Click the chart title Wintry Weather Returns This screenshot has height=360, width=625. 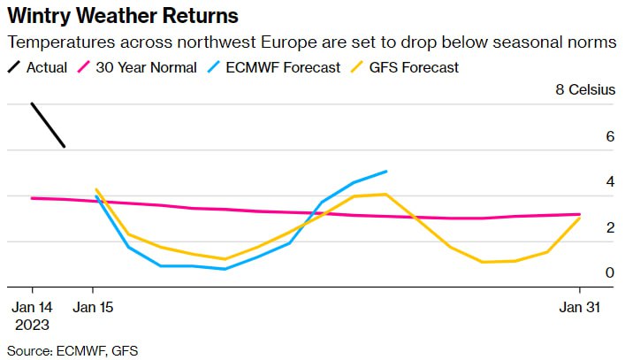tap(122, 16)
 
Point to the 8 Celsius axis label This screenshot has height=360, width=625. tap(584, 90)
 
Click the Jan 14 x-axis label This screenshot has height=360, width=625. tap(33, 307)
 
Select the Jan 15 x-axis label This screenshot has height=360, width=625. tap(93, 307)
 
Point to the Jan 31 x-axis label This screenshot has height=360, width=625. tap(580, 307)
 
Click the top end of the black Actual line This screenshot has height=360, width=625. tap(33, 104)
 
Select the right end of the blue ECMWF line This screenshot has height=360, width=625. tap(386, 172)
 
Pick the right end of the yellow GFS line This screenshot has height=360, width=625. tap(580, 217)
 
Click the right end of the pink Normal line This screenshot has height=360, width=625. tap(580, 214)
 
